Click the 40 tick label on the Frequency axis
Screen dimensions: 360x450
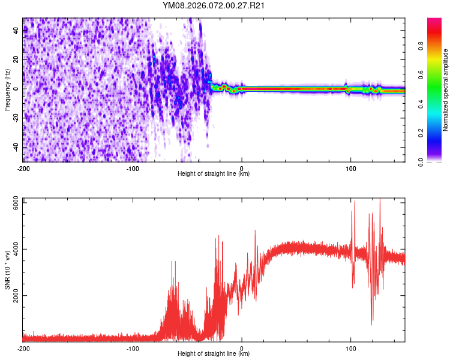[16, 30]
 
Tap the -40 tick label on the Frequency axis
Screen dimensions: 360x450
[16, 147]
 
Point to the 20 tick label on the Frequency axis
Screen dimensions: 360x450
[16, 59]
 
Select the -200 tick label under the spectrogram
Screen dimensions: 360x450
[23, 168]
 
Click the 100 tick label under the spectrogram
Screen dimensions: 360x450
[350, 168]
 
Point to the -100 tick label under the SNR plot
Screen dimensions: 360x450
[133, 348]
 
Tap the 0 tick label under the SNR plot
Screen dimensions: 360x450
[242, 348]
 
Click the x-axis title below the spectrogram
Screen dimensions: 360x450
[214, 174]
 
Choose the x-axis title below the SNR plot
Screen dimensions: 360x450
[214, 354]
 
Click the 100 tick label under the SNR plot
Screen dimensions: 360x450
[350, 348]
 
